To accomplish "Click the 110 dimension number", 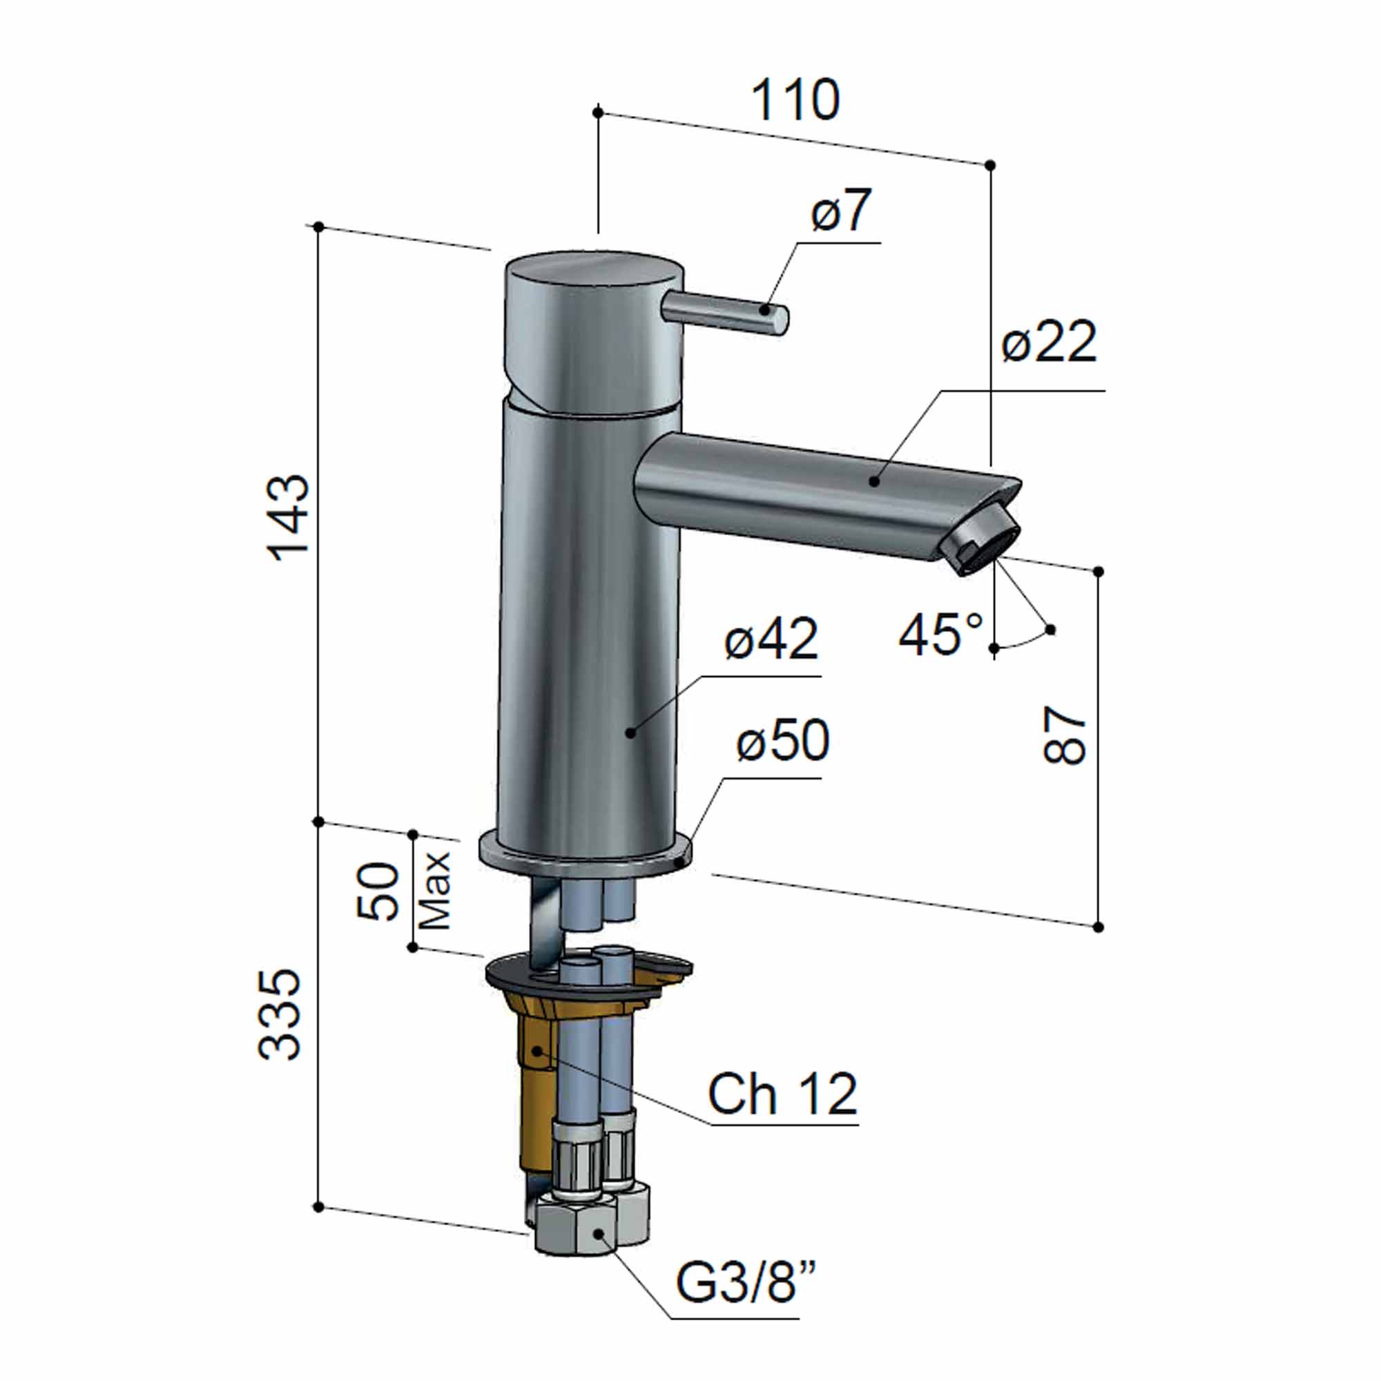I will pyautogui.click(x=795, y=101).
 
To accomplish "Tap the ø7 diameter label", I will pyautogui.click(x=841, y=211).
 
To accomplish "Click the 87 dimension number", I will pyautogui.click(x=1065, y=735).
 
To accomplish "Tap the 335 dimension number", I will pyautogui.click(x=280, y=1014).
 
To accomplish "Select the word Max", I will pyautogui.click(x=435, y=891).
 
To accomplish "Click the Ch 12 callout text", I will pyautogui.click(x=782, y=1094).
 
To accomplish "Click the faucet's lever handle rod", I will pyautogui.click(x=726, y=314).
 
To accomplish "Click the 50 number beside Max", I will pyautogui.click(x=379, y=891).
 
